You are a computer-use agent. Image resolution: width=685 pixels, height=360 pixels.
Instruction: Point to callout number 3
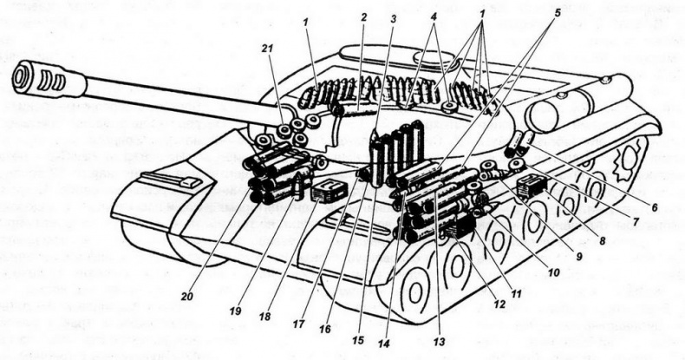[394, 16]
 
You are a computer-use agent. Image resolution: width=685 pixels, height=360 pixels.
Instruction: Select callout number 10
[552, 271]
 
